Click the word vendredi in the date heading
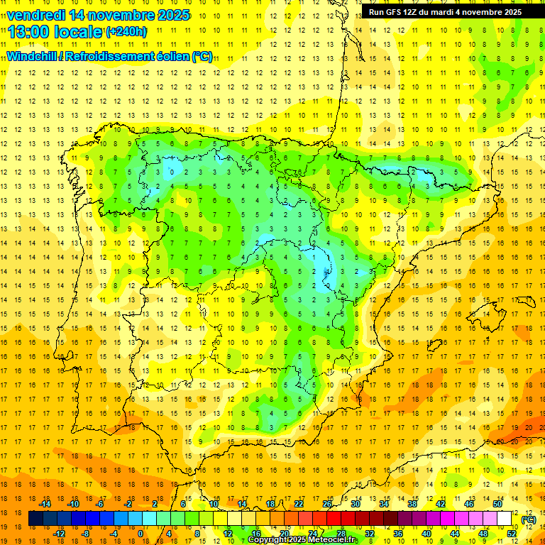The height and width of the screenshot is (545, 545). point(36,15)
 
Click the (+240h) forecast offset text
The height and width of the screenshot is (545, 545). point(126,32)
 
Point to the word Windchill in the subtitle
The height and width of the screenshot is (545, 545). point(32,57)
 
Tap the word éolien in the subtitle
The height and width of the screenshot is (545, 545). point(172,57)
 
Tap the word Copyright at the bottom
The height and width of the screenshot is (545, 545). point(269,540)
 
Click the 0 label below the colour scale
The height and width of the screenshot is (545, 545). point(141,534)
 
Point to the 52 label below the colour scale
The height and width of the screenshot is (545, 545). point(511,534)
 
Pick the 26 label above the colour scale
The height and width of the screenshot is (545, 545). point(326,504)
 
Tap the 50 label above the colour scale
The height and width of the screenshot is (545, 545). point(497,504)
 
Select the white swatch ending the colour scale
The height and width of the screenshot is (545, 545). point(505,519)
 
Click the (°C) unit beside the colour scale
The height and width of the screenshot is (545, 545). point(528,519)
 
